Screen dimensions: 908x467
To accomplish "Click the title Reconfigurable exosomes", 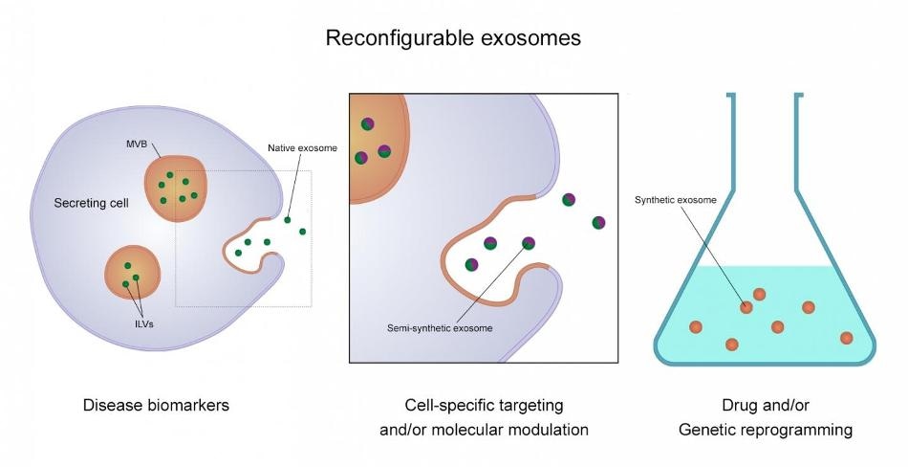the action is point(453,38).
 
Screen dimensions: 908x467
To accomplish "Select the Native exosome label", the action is point(302,148).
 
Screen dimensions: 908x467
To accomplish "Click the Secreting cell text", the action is point(92,203).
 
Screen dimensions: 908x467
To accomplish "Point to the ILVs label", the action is point(143,324).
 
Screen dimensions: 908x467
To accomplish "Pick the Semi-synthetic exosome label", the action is point(440,328).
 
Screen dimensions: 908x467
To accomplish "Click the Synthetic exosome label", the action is point(675,200).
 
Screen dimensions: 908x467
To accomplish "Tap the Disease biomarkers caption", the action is point(157,405).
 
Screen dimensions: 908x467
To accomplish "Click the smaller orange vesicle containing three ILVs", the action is point(132,273).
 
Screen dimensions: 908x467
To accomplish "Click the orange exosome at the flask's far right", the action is point(846,338).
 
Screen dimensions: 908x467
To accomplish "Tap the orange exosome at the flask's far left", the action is point(696,327).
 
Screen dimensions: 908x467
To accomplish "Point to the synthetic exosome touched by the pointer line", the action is point(746,307).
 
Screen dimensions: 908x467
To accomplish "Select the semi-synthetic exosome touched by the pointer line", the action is point(529,243).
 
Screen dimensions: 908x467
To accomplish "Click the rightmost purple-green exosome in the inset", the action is point(598,222).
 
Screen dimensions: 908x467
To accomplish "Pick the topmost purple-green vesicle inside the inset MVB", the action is point(367,123).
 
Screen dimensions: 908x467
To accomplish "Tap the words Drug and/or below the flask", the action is point(766,405).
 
